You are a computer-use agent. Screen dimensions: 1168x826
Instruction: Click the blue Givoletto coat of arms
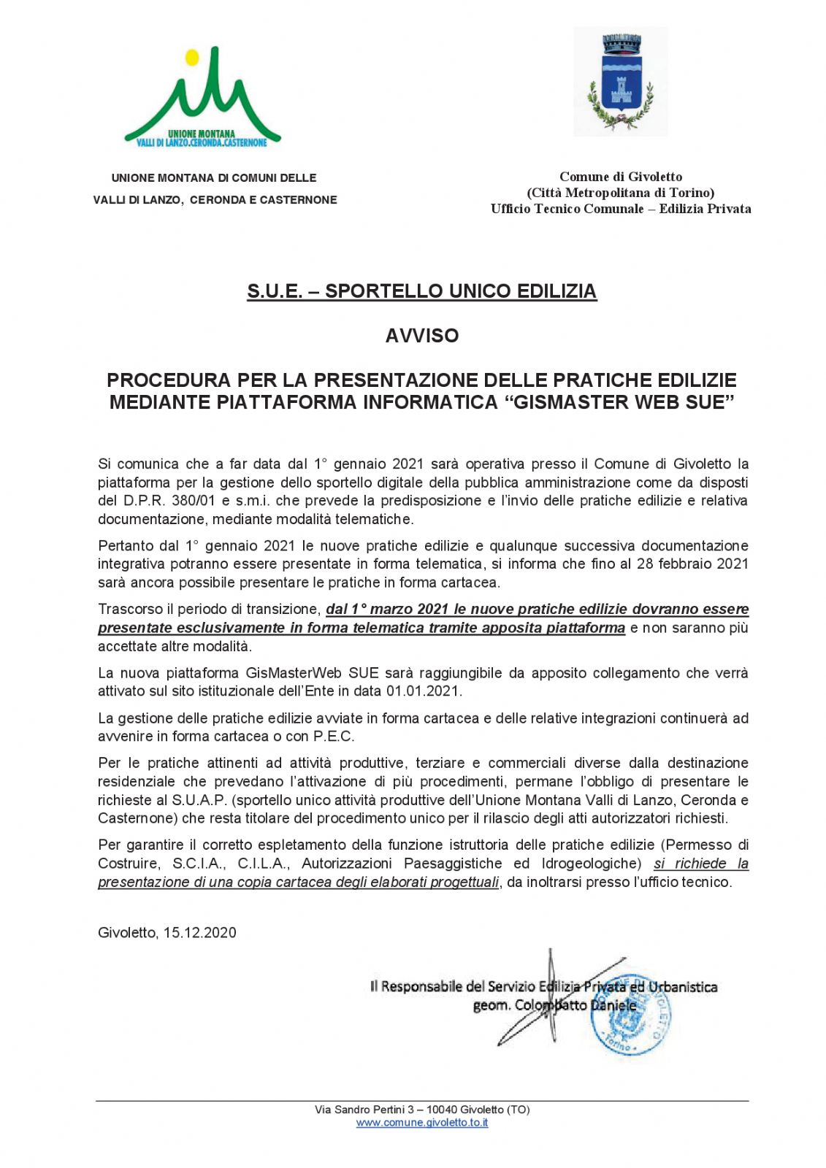[620, 82]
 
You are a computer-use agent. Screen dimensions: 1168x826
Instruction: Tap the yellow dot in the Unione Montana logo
[192, 57]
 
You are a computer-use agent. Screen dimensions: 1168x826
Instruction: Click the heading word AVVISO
[422, 336]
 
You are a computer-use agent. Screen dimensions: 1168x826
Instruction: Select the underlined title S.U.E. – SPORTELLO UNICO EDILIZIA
[421, 291]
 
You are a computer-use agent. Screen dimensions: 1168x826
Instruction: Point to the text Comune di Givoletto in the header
[621, 177]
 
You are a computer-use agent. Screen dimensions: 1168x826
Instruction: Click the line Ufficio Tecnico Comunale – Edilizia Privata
[621, 209]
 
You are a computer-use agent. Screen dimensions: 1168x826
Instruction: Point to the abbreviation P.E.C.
[334, 736]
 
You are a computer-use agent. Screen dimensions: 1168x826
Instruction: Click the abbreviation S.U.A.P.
[199, 799]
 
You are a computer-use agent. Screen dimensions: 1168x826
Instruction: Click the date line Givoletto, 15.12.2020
[167, 932]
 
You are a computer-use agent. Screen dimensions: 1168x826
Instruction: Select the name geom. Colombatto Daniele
[554, 1005]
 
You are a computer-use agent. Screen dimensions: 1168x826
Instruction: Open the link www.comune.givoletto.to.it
[422, 1123]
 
